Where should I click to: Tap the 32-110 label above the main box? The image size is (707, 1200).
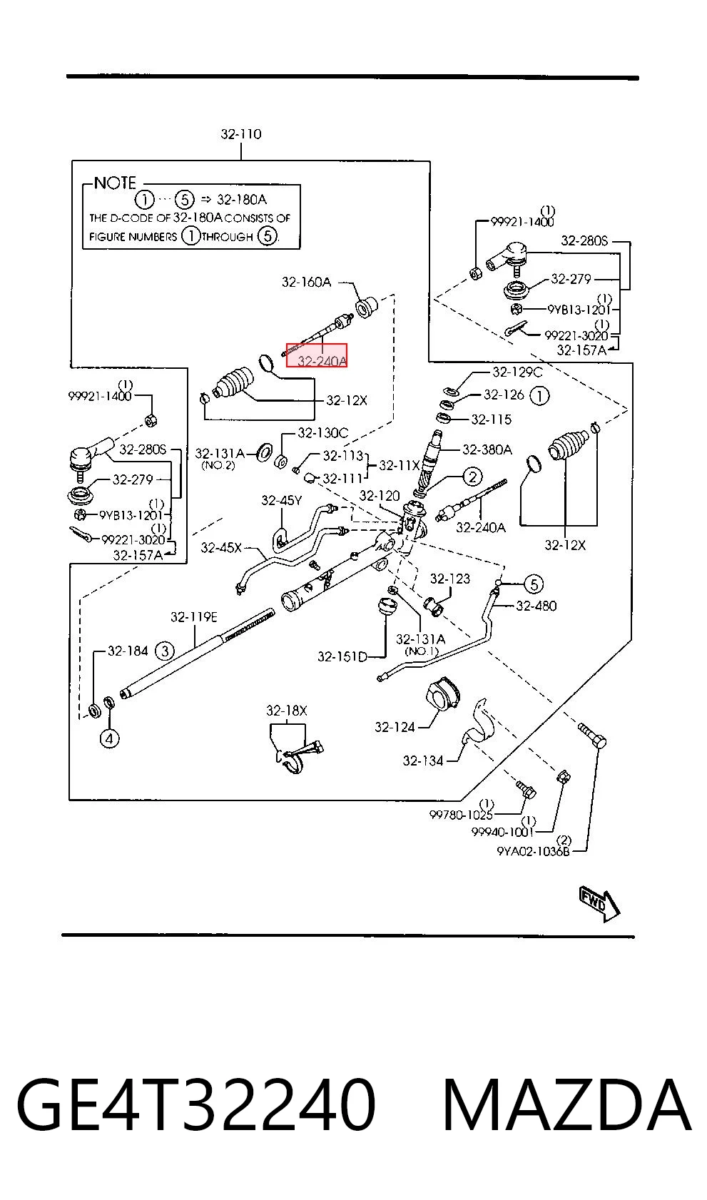[x=241, y=134]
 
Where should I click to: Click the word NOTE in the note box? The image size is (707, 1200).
[x=115, y=183]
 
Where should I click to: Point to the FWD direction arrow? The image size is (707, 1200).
[x=599, y=903]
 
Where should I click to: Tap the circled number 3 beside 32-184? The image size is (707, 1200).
[x=164, y=651]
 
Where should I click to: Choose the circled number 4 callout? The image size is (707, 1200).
[x=109, y=739]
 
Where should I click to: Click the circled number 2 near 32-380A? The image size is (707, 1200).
[x=472, y=477]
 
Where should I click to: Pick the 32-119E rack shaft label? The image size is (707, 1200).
[x=194, y=617]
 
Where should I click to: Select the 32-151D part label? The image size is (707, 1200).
[x=342, y=657]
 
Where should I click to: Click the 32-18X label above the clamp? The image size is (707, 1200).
[x=287, y=711]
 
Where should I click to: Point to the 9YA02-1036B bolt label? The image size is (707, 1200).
[x=534, y=851]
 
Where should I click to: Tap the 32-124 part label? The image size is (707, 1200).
[x=395, y=727]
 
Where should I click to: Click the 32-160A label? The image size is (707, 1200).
[x=306, y=282]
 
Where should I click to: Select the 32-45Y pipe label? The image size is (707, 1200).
[x=281, y=500]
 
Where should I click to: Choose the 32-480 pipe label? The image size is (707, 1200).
[x=536, y=606]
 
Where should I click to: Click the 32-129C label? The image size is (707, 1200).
[x=517, y=372]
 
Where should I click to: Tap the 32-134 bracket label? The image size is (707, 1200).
[x=423, y=761]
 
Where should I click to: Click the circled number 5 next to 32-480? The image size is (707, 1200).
[x=534, y=584]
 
